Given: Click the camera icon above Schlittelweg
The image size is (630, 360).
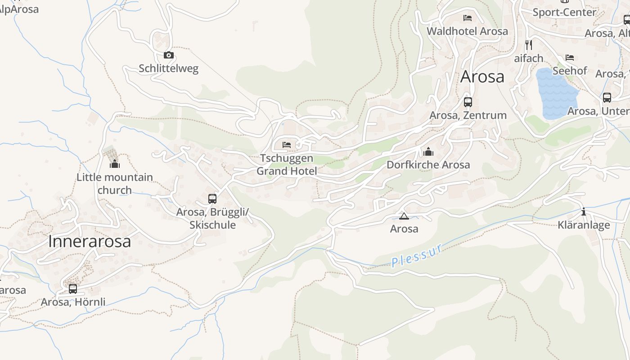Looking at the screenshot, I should point(169,55).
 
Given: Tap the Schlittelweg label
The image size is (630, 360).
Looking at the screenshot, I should point(168,68).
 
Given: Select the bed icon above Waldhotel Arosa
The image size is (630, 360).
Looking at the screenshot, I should point(468,18).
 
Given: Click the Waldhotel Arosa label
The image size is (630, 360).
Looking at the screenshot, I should point(467,31).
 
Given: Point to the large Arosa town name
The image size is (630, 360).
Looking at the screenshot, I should point(482,77).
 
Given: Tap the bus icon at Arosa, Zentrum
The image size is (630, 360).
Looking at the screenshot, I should point(468,102).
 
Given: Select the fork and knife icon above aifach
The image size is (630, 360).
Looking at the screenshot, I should point(529,45).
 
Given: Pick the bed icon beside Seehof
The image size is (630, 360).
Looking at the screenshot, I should point(570,58).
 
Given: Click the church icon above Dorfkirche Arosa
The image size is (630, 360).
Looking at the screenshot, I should point(428,152).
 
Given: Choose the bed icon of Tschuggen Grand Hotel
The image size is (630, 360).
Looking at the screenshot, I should point(287,145).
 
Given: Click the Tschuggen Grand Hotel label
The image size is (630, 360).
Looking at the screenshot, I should point(287,165).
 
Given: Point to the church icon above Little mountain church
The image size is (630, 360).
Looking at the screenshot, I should point(115,164).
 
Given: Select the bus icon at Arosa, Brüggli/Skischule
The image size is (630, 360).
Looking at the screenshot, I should point(212,198).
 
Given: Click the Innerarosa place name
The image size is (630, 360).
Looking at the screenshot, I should point(90,242).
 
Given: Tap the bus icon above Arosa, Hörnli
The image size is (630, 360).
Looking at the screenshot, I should point(73,288).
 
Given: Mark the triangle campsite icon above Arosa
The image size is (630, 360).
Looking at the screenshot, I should point(404,216).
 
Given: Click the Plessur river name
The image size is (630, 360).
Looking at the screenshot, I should point(417,255).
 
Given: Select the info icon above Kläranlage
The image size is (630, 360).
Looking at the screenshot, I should point(584,212).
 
